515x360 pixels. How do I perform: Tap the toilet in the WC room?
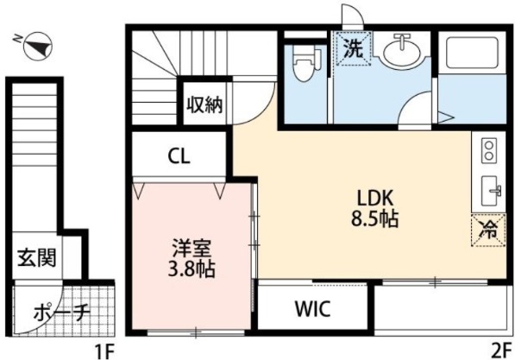303,65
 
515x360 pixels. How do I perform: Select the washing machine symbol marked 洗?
354,49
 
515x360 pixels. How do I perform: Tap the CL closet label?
179,157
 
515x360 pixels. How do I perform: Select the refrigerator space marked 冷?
488,230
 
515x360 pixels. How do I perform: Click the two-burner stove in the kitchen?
488,152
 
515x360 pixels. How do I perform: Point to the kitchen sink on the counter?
492,189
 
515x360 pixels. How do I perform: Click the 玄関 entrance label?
39,257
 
